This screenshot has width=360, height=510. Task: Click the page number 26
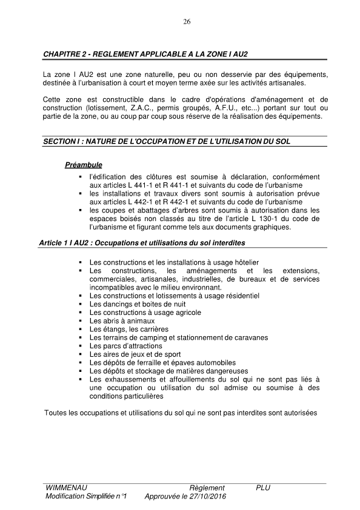tap(187, 22)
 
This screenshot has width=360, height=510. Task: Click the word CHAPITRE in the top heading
tap(62, 55)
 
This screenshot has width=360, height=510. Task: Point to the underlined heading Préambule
tap(84, 165)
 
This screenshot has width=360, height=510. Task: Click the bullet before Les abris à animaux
tap(81, 320)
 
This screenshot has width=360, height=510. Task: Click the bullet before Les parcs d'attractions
tap(81, 346)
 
